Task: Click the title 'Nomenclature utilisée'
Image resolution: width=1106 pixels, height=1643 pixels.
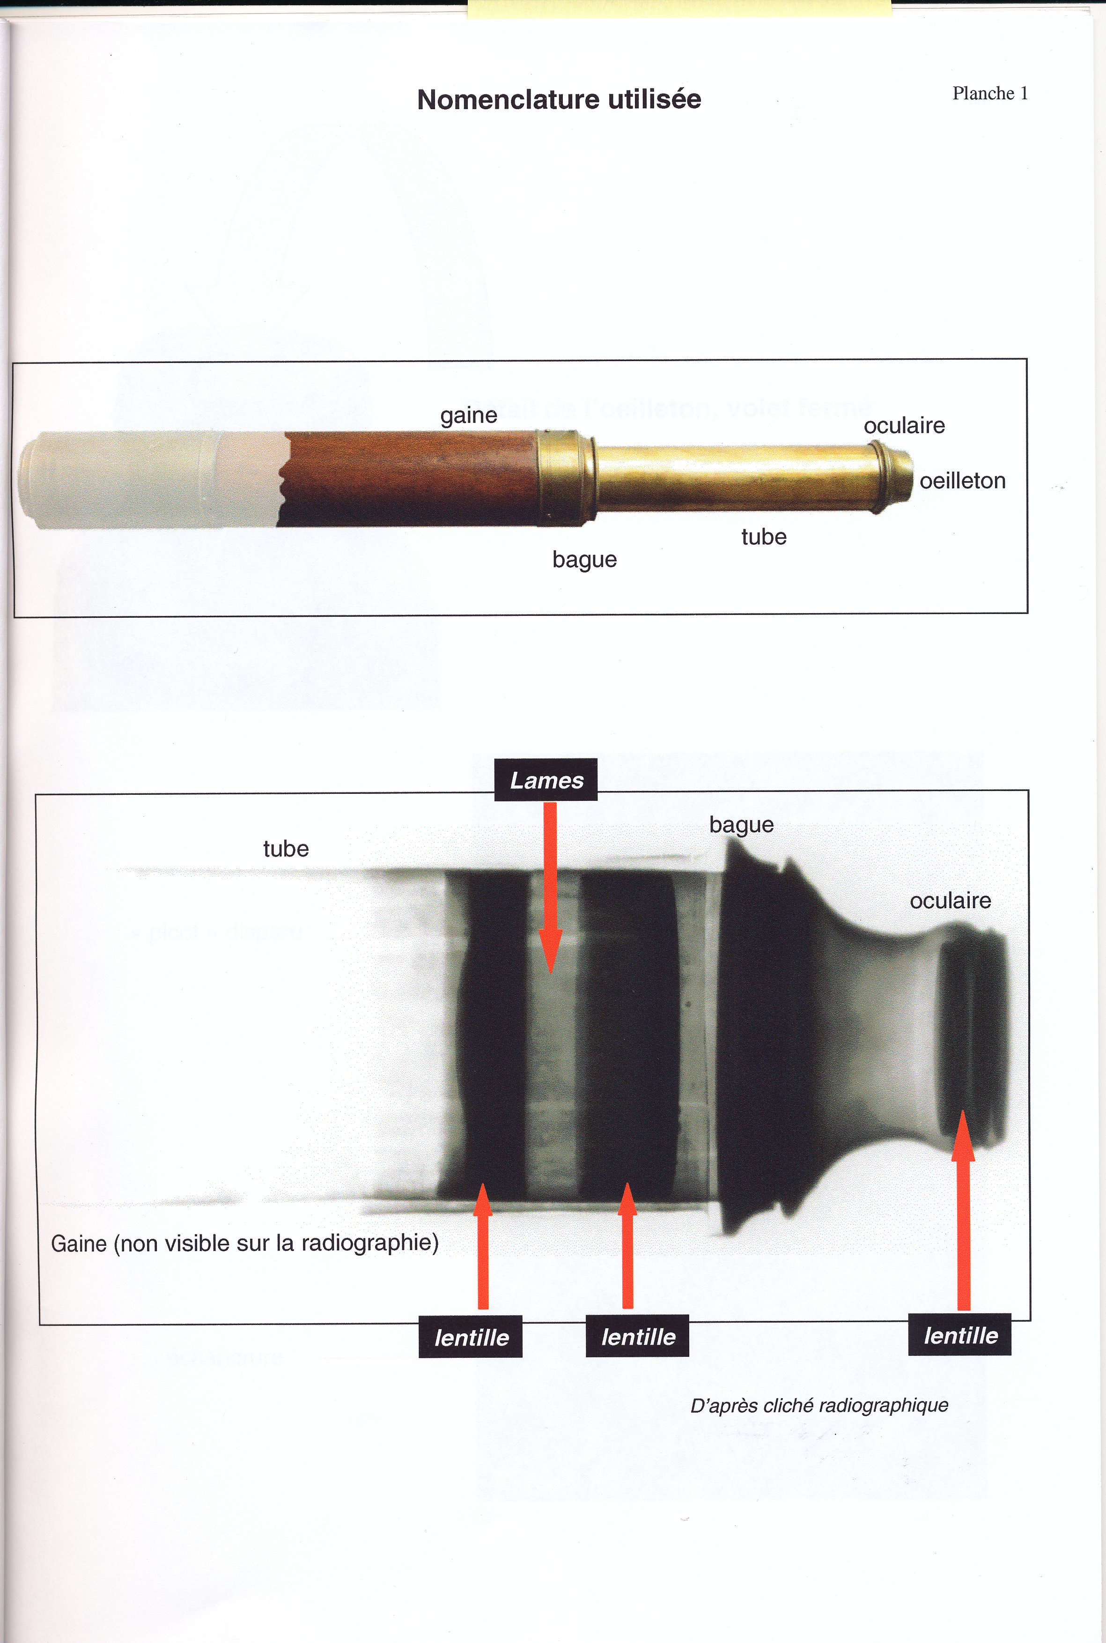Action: (x=559, y=99)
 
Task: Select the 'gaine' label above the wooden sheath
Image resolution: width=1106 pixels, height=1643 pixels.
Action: (x=468, y=415)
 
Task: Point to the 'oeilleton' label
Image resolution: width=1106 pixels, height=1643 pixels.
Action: (x=962, y=481)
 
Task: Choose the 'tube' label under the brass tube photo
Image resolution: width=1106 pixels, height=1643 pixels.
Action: (x=764, y=537)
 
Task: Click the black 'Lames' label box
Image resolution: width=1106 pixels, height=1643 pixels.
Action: (x=546, y=779)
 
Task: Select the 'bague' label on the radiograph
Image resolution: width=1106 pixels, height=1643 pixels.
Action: (x=741, y=825)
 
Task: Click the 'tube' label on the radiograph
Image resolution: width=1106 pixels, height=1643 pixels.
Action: (x=286, y=849)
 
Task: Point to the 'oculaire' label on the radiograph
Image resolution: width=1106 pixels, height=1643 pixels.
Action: (x=950, y=901)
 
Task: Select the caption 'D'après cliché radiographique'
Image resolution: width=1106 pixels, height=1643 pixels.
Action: (x=819, y=1405)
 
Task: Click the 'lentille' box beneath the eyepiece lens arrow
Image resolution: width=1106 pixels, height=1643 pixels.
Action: (x=959, y=1335)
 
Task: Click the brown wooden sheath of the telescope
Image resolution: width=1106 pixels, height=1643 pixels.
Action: (x=409, y=478)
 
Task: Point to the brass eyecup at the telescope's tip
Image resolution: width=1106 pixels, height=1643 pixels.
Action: (x=892, y=476)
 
